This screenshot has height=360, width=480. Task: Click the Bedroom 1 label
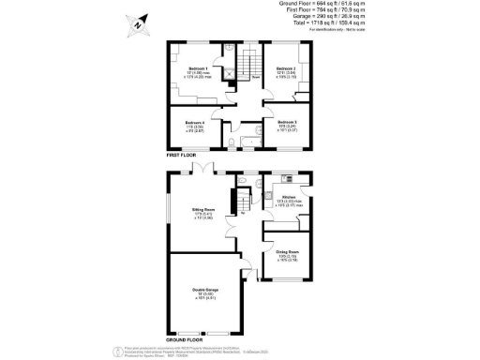point(198,68)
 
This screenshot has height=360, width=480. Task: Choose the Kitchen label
point(288,197)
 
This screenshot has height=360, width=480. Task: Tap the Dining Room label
point(287,252)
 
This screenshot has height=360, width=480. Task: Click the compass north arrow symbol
point(138,24)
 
